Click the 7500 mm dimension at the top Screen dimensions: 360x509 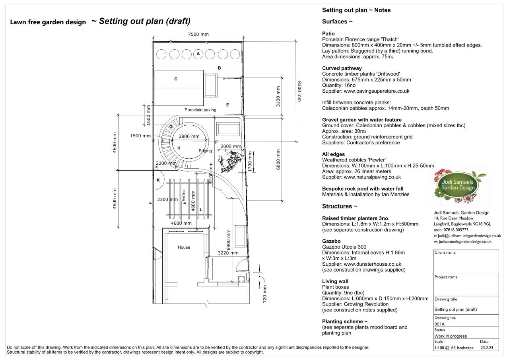click(198, 34)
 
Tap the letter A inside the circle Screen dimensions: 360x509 click(198, 54)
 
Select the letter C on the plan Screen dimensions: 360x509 click(176, 79)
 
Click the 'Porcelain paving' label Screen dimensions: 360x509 click(200, 110)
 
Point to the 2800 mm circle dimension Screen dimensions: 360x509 click(189, 136)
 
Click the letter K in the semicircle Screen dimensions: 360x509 click(158, 180)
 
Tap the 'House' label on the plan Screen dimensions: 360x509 click(184, 247)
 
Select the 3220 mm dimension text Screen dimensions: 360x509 click(228, 253)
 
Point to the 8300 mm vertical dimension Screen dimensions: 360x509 click(300, 91)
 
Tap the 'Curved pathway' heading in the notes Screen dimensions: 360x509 click(342, 68)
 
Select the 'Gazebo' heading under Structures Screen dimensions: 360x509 click(331, 241)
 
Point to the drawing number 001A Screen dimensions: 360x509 click(439, 324)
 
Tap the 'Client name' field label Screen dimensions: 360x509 click(445, 253)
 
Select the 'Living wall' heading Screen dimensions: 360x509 click(335, 281)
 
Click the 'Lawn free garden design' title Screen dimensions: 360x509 click(48, 22)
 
